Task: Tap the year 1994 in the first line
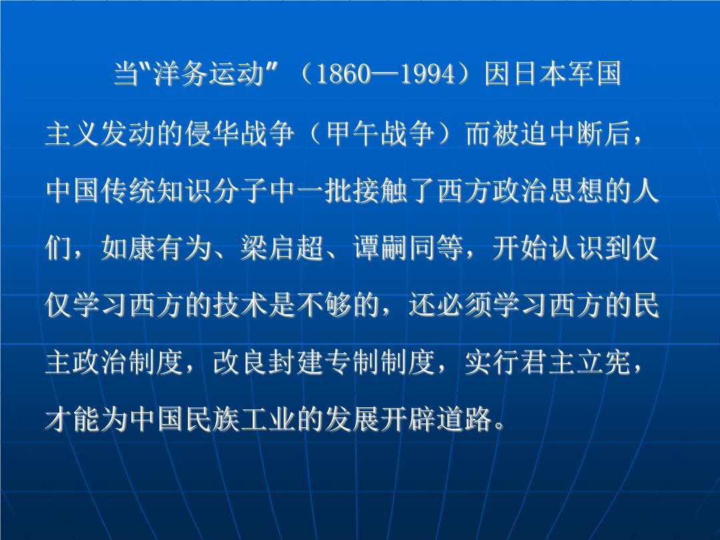428,73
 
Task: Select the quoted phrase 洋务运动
209,73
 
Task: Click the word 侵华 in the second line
213,133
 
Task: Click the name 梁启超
283,248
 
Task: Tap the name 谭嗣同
395,248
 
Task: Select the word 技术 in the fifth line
241,305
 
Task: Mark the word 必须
464,305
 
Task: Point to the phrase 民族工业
241,419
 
